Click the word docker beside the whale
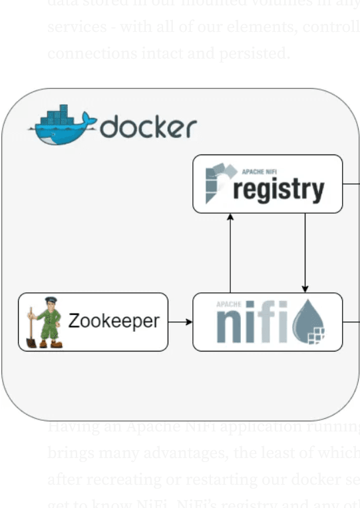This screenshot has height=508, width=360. click(148, 127)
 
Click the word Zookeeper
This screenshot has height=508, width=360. click(114, 322)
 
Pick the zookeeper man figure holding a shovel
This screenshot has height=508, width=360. click(47, 322)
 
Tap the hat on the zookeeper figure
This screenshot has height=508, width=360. click(50, 301)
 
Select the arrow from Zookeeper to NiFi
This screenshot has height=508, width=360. click(180, 322)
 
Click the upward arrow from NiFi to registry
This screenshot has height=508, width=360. click(230, 253)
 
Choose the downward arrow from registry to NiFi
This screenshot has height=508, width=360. click(305, 253)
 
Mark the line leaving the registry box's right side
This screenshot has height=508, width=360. click(351, 184)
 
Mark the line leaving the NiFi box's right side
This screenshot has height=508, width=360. click(351, 322)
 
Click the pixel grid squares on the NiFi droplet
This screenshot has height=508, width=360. click(318, 335)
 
